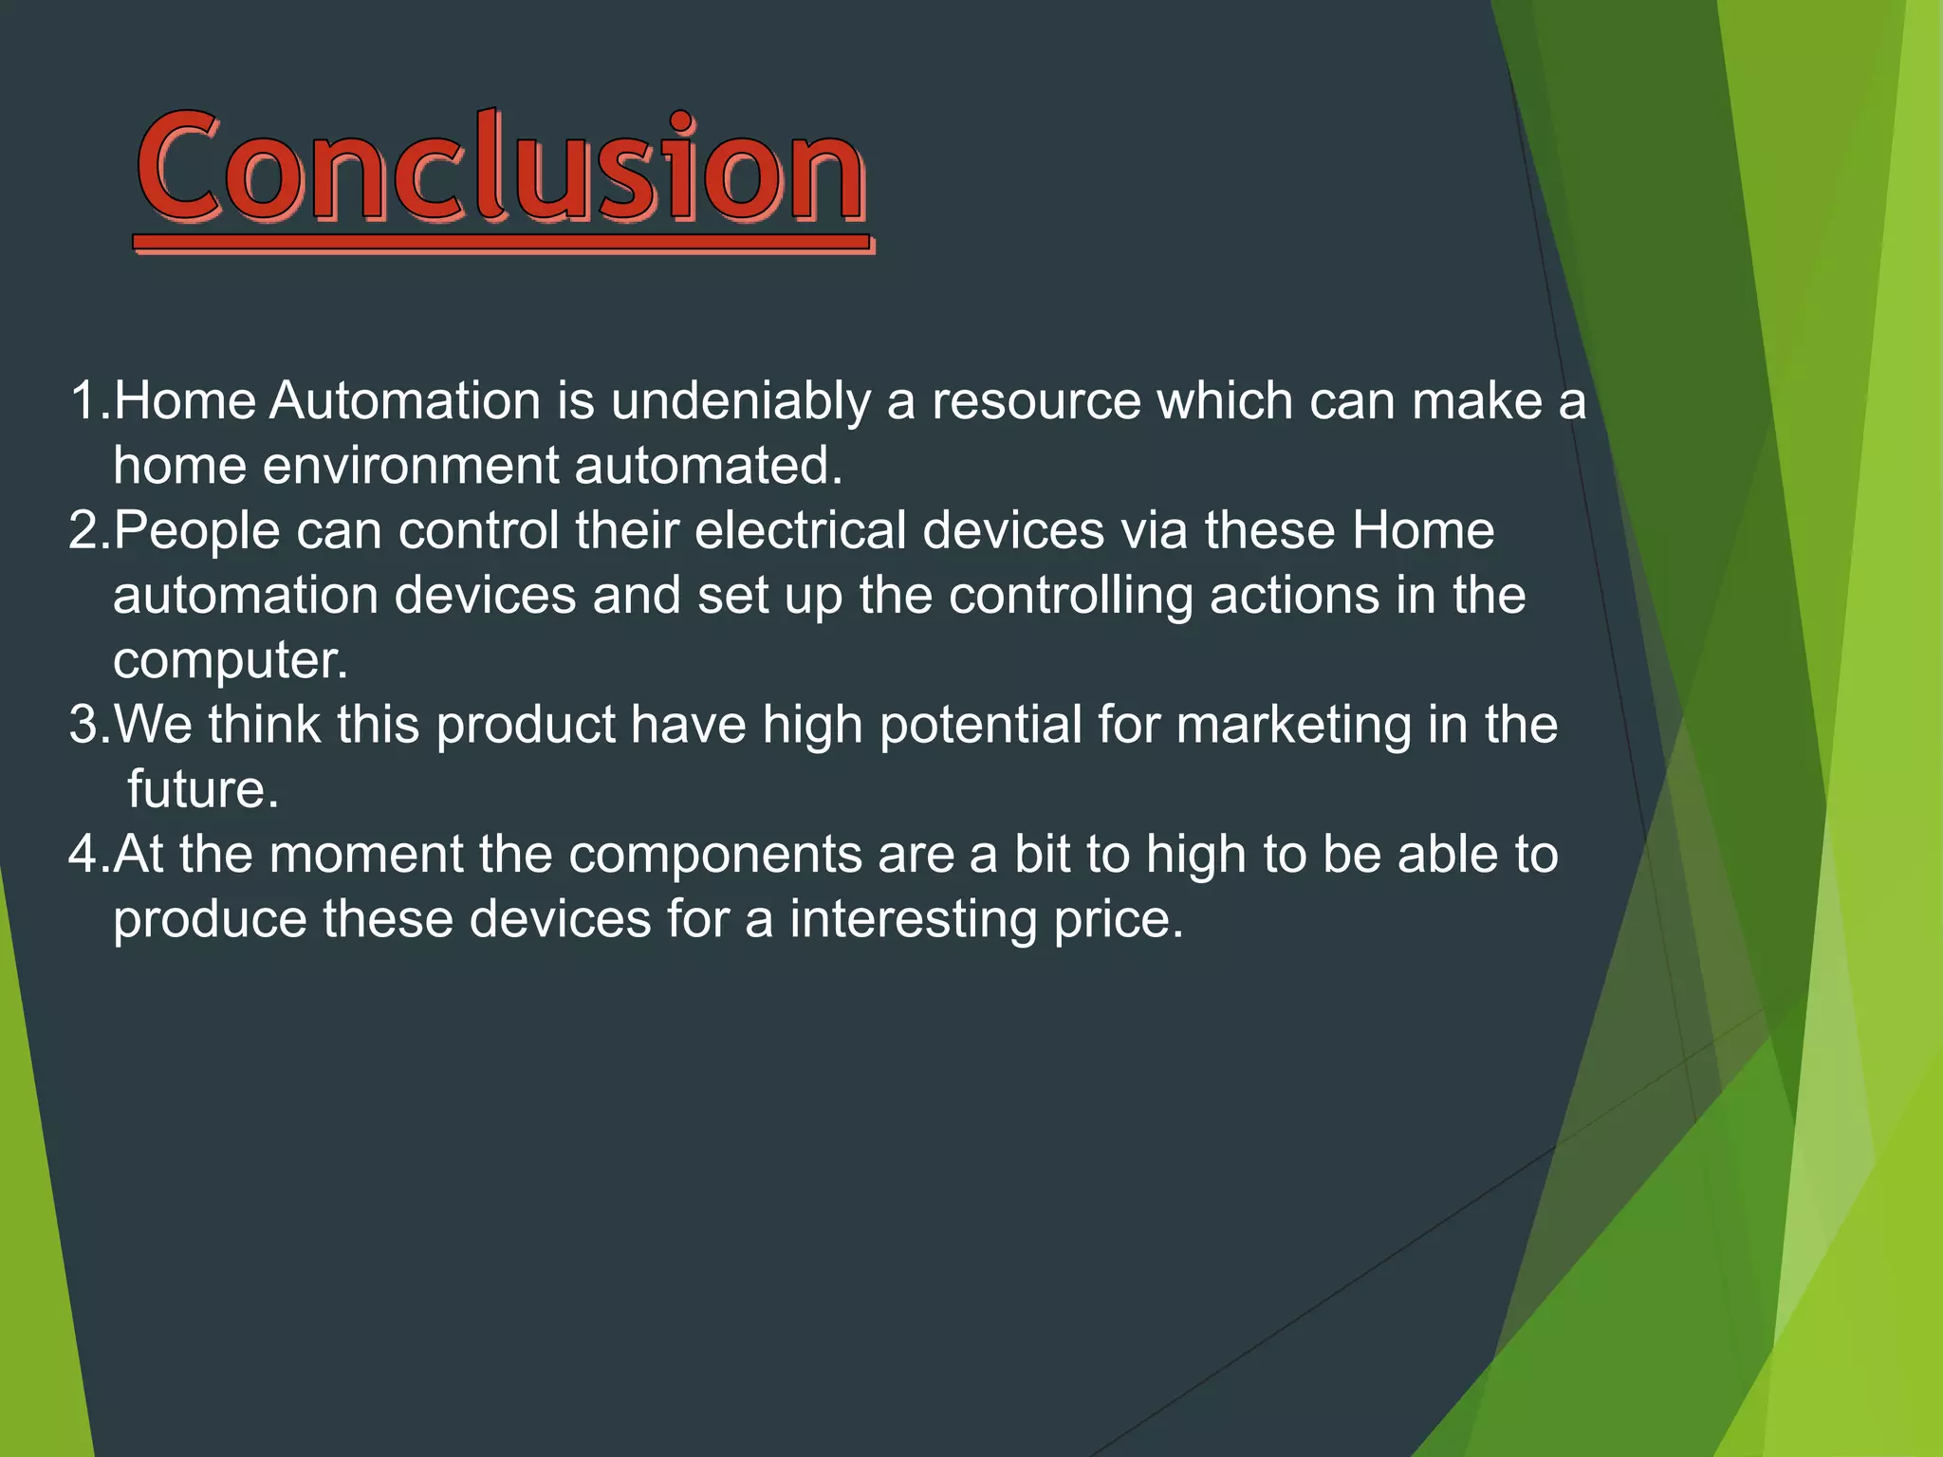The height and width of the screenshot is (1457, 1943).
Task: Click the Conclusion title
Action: tap(501, 169)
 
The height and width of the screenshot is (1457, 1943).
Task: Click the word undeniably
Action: tap(740, 402)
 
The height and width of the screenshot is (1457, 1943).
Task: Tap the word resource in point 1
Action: tap(1036, 402)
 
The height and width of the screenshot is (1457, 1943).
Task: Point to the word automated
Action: tap(708, 467)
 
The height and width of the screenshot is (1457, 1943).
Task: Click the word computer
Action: tap(230, 661)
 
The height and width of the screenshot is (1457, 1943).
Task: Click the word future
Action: tap(203, 790)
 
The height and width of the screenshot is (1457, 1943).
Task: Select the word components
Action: tap(714, 855)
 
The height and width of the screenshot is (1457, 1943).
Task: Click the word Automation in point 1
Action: tap(405, 402)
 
